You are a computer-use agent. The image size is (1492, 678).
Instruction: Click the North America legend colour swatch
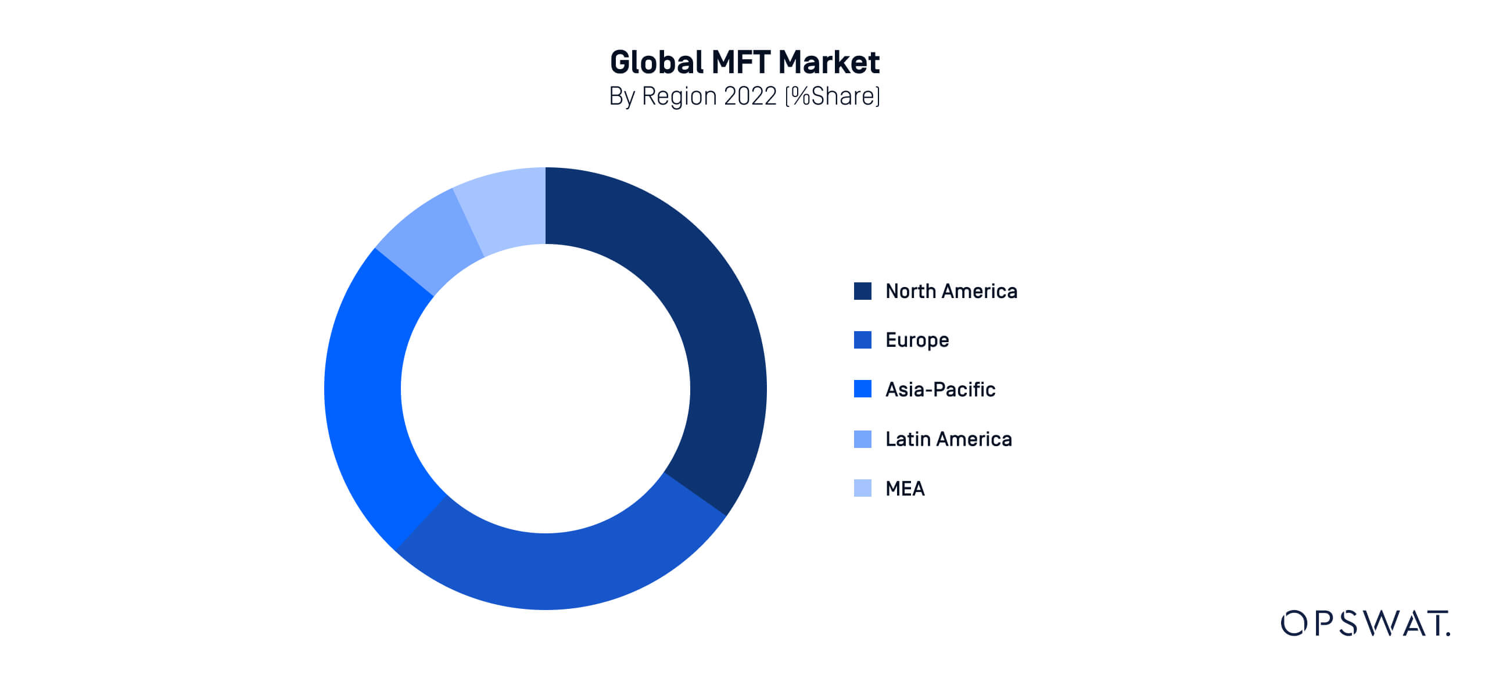862,291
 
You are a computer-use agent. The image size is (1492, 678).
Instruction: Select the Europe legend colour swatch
862,340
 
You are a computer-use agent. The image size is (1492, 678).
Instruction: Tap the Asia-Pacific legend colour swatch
862,389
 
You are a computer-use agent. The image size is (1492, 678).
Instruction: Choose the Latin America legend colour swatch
862,439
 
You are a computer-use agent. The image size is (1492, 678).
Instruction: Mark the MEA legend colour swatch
862,488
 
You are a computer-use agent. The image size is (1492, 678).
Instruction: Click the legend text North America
951,291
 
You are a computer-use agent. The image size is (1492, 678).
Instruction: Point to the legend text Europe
917,340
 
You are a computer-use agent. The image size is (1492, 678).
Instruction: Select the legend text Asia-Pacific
940,389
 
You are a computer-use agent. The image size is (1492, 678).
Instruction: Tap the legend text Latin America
948,439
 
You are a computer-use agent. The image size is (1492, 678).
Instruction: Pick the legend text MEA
905,489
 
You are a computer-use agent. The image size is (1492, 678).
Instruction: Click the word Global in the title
657,62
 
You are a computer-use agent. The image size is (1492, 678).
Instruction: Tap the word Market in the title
829,62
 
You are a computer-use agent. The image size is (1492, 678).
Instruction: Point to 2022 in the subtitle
750,96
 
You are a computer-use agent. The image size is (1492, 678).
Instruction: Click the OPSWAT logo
1365,623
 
